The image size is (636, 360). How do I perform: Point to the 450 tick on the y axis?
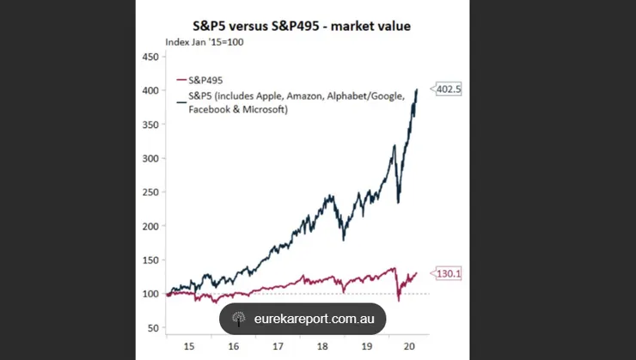pos(151,57)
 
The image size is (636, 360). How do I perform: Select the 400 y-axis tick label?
pos(151,90)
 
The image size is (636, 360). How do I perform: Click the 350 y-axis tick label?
pos(151,125)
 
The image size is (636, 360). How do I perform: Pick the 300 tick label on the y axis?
pos(151,158)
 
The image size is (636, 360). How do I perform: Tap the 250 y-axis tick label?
pos(151,192)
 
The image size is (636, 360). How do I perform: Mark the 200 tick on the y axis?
pos(151,226)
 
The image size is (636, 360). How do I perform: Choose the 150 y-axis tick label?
pos(151,260)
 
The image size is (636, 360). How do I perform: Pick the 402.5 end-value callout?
pos(449,88)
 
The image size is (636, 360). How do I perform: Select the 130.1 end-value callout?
pos(449,274)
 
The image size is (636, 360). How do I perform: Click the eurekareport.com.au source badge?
pos(303,319)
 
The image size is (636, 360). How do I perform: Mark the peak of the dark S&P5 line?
pos(418,88)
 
